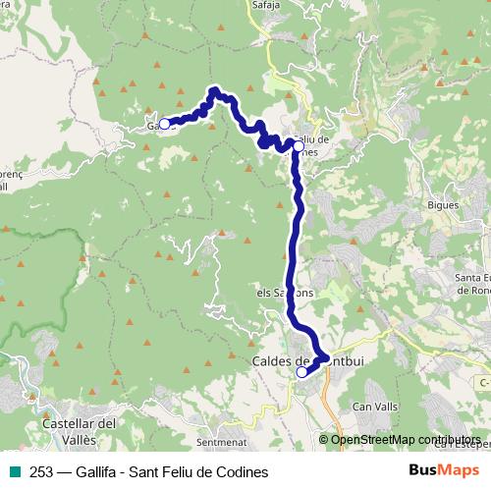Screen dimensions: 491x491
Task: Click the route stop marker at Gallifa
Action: click(165, 124)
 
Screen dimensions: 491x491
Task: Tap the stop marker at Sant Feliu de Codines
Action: click(299, 145)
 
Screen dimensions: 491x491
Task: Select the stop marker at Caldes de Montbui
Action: click(301, 372)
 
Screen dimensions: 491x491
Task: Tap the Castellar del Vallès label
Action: click(82, 430)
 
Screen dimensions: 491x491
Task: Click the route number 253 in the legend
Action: click(41, 472)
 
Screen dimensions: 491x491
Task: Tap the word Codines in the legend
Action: click(243, 472)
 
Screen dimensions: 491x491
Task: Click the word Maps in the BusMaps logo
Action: click(460, 471)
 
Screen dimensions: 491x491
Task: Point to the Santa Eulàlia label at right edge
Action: click(473, 284)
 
